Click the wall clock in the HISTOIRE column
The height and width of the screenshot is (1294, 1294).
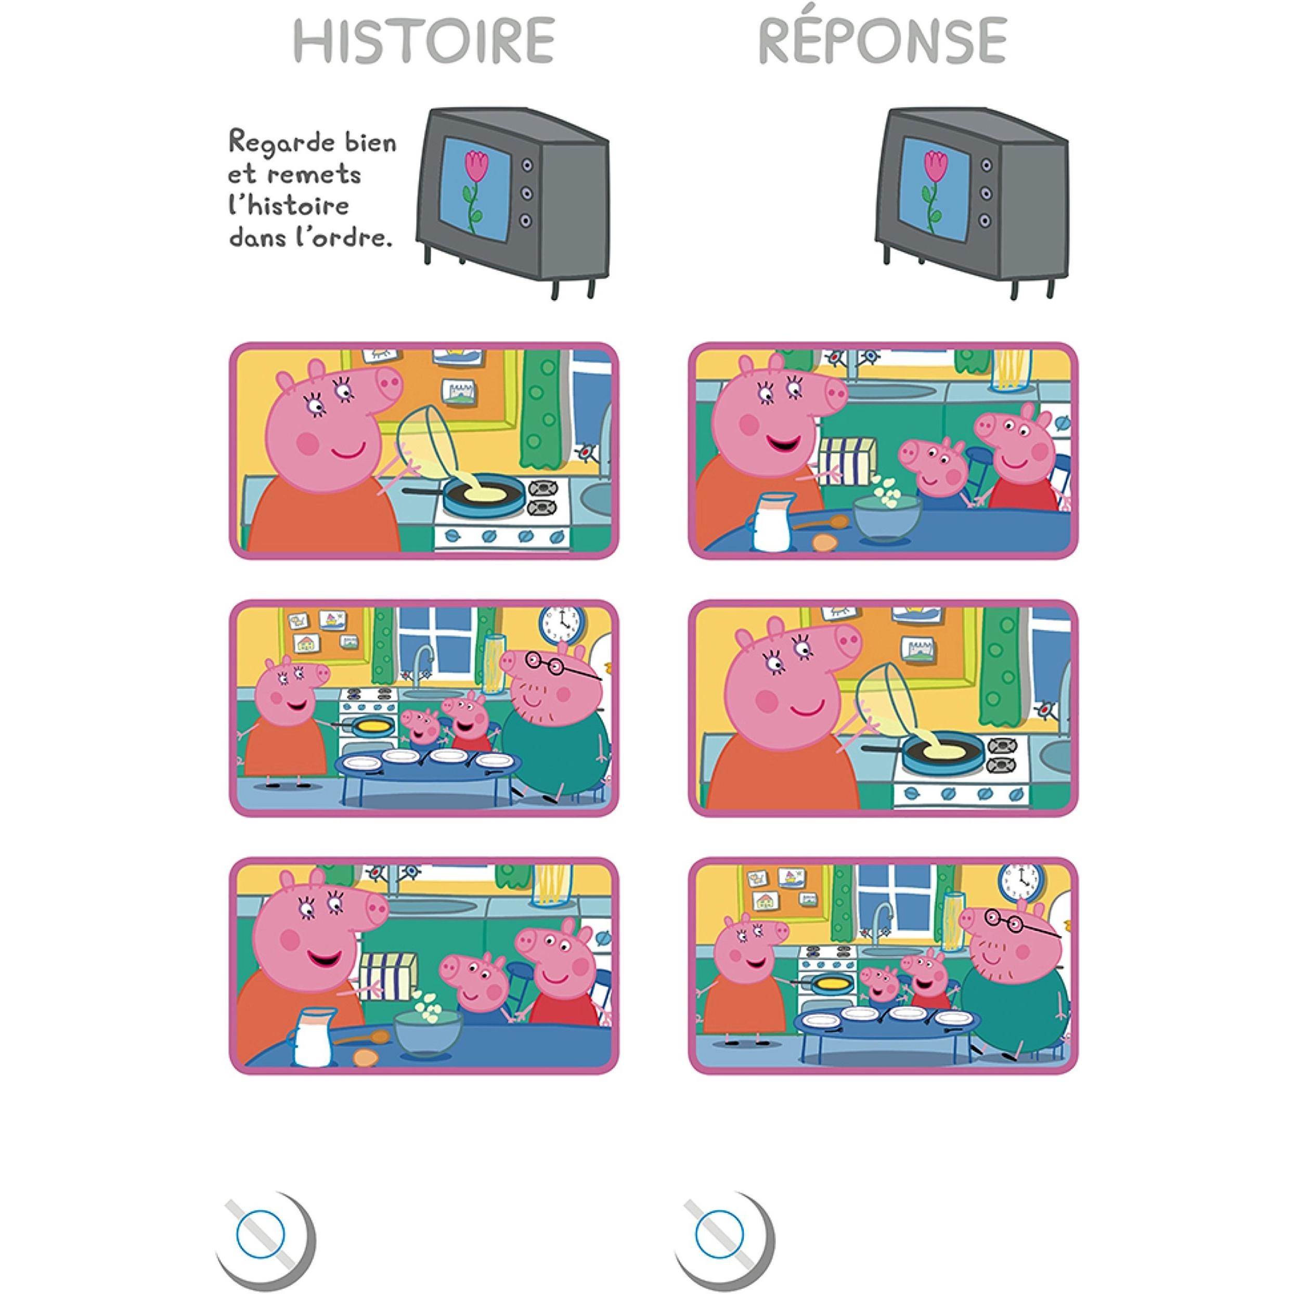click(x=561, y=626)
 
